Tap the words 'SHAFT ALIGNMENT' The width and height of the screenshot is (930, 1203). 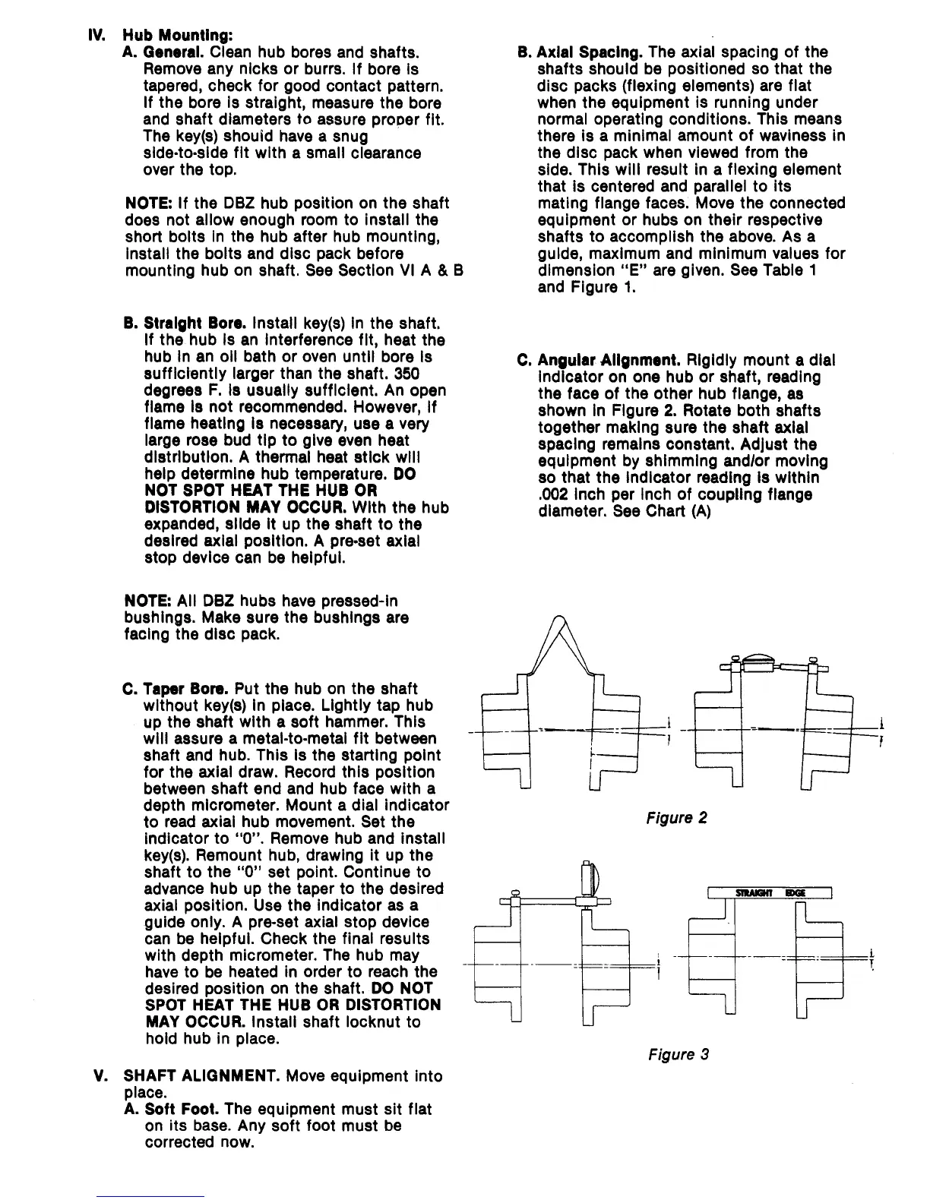tap(193, 1076)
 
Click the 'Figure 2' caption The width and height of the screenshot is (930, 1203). tap(677, 818)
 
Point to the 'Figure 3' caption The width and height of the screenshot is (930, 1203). tap(679, 1054)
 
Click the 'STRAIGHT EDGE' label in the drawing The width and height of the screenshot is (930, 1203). tap(770, 892)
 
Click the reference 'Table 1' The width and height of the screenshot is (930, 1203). tap(790, 270)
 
